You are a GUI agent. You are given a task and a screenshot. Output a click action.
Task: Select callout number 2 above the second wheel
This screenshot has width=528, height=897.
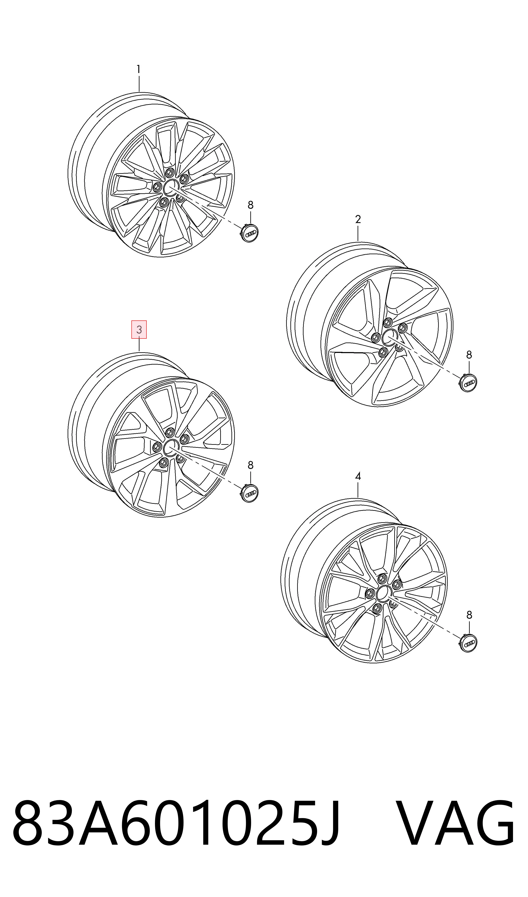(358, 219)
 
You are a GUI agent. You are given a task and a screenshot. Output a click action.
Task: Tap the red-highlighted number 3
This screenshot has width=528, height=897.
(139, 330)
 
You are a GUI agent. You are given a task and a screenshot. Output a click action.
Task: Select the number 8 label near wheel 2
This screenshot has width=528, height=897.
(469, 355)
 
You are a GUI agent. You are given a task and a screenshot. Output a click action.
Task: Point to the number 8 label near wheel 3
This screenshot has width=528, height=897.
(251, 465)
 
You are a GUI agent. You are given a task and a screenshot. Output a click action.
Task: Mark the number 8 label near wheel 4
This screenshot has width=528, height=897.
(469, 615)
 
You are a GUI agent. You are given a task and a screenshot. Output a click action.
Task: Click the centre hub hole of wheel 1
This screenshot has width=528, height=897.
(171, 187)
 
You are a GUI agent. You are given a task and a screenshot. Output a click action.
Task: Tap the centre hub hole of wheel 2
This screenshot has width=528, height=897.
(390, 337)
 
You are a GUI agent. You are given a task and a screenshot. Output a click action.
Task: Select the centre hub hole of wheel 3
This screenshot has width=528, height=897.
(171, 448)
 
